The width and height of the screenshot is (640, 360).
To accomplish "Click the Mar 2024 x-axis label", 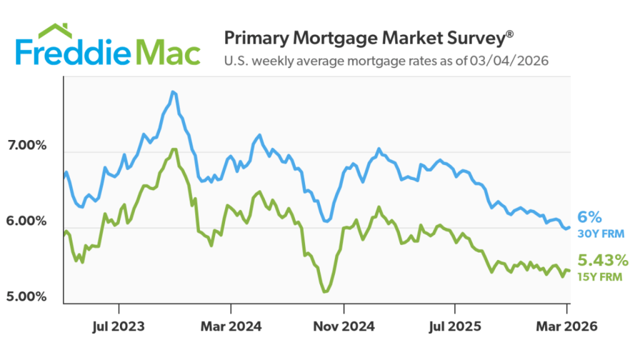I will (x=231, y=327).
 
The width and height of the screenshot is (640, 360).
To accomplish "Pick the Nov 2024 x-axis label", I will (x=343, y=327).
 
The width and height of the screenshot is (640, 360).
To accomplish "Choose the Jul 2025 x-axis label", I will (x=455, y=327).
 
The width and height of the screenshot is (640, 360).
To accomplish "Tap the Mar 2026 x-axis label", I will (x=566, y=327).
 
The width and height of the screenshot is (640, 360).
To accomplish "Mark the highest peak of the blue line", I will (x=172, y=92).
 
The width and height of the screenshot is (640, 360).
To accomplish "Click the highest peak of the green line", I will (x=174, y=149).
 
